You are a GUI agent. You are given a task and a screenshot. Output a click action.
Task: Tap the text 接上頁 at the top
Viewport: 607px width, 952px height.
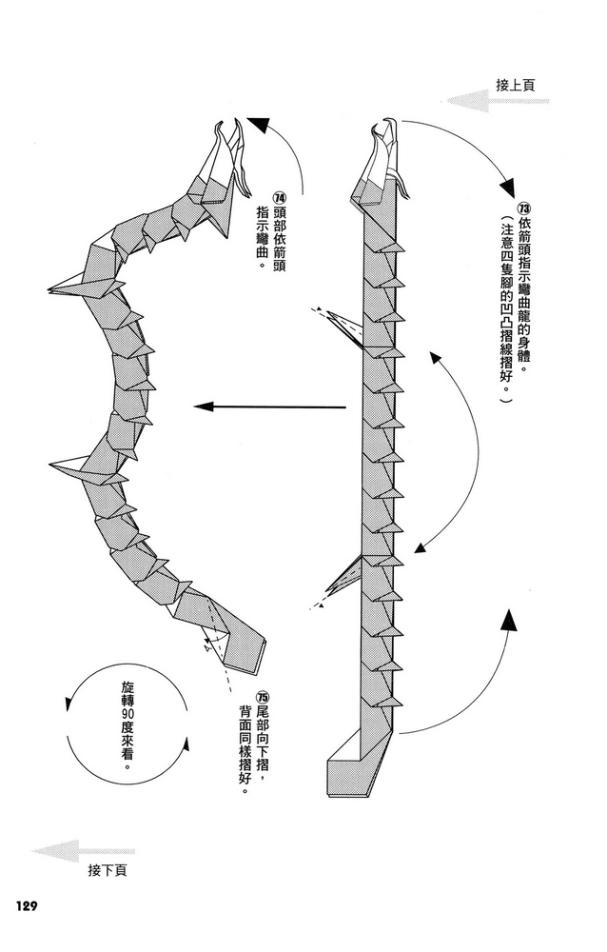point(516,86)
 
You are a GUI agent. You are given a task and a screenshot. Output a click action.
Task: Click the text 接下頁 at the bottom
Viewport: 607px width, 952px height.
point(108,871)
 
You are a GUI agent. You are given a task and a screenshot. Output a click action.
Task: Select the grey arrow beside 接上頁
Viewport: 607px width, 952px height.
point(499,101)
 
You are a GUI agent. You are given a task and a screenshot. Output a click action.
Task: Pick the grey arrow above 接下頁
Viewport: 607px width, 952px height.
point(83,851)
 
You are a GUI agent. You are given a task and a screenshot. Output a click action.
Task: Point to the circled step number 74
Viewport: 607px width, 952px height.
point(279,199)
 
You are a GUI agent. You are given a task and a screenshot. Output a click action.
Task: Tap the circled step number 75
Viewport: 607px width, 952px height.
point(263,697)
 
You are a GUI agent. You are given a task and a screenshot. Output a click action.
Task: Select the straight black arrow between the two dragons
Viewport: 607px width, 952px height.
point(270,407)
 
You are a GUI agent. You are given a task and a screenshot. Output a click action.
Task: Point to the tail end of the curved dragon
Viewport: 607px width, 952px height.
point(245,653)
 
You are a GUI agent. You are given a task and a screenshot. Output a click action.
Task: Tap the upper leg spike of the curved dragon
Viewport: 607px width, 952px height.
point(68,286)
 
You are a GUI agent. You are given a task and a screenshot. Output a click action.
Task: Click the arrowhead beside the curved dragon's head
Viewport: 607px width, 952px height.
point(256,124)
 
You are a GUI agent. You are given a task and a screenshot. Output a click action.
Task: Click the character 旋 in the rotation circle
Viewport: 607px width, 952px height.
point(127,688)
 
